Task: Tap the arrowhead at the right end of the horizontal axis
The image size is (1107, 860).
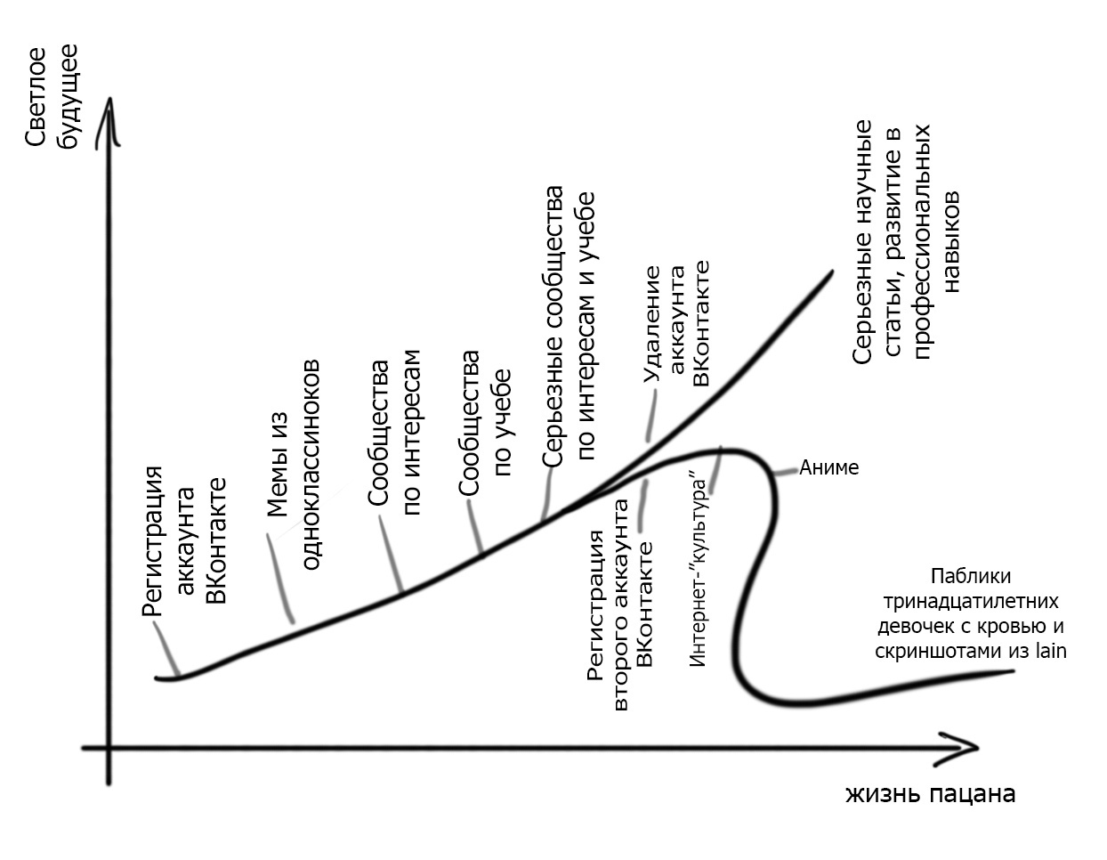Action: pyautogui.click(x=970, y=748)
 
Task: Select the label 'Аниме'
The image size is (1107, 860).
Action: pyautogui.click(x=828, y=467)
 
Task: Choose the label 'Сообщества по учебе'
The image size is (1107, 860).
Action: pyautogui.click(x=485, y=414)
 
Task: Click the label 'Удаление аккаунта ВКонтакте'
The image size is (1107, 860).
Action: pyautogui.click(x=676, y=325)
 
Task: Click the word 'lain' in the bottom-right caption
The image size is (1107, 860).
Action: pyautogui.click(x=1050, y=652)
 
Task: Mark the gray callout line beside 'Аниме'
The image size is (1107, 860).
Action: pyautogui.click(x=786, y=472)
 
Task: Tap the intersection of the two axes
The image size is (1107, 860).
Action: pyautogui.click(x=109, y=748)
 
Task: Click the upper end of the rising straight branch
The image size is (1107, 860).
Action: pyautogui.click(x=829, y=272)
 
